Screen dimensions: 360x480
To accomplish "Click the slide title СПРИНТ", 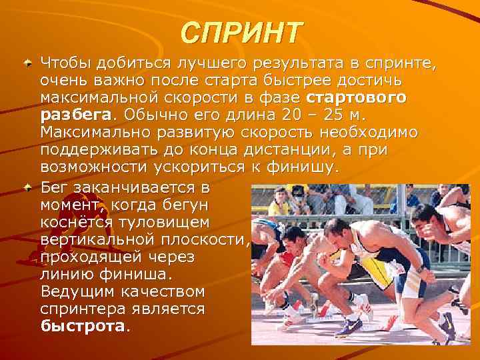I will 241,31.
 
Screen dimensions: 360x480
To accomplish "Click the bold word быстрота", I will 83,326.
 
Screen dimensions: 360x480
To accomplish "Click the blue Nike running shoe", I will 349,326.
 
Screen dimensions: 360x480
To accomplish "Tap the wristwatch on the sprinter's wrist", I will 420,271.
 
